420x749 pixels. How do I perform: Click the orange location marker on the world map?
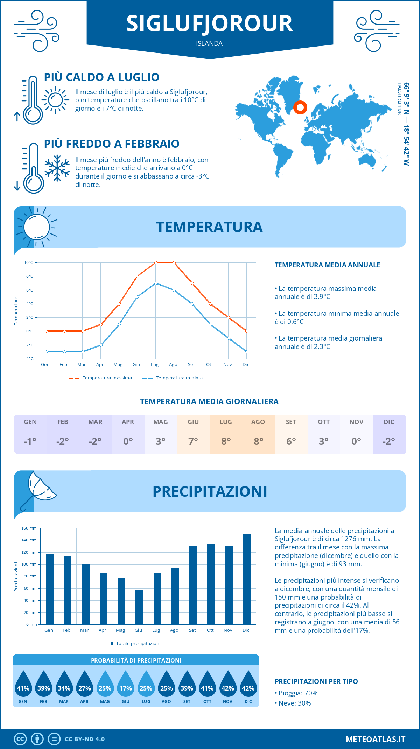(x=300, y=107)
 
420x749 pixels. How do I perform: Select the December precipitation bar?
(x=247, y=579)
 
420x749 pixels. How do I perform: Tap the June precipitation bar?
(x=139, y=607)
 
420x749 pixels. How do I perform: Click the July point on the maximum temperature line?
(x=156, y=262)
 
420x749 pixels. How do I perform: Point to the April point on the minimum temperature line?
(x=101, y=345)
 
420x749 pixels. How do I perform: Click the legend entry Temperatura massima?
(x=101, y=378)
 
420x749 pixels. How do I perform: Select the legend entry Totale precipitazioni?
(x=135, y=643)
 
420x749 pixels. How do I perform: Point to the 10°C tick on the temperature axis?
(x=29, y=262)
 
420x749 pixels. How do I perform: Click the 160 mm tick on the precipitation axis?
(x=29, y=528)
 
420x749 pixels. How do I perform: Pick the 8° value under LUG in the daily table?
(x=226, y=441)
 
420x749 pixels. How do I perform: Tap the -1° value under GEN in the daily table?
(x=30, y=441)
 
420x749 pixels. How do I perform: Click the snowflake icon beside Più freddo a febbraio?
(x=57, y=168)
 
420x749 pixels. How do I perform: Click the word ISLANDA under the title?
(x=209, y=43)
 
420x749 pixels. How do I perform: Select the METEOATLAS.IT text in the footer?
(x=375, y=739)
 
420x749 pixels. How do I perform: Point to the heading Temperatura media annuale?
(x=327, y=265)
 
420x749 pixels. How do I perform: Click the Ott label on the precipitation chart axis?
(x=210, y=630)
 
